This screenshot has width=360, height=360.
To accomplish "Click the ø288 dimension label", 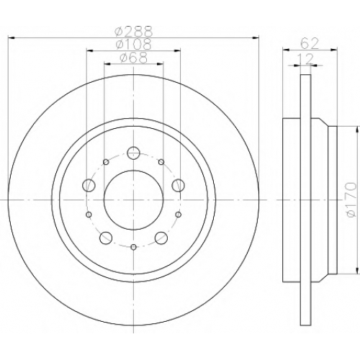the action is click(134, 31).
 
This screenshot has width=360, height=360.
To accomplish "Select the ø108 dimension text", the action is click(134, 44).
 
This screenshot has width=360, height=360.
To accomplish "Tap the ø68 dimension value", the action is click(134, 58).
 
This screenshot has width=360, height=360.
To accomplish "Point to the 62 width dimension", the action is click(310, 44).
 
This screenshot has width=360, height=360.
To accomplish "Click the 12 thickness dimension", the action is click(305, 58).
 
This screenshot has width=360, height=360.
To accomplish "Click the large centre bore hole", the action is click(134, 200).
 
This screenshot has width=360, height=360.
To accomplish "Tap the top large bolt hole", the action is click(133, 152).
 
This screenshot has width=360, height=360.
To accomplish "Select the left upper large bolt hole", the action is click(89, 185).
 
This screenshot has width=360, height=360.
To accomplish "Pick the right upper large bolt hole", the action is click(179, 185).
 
